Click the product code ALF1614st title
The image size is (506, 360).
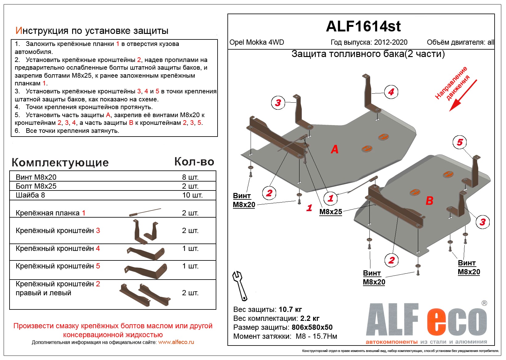(x=363, y=27)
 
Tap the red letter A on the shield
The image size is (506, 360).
(x=335, y=149)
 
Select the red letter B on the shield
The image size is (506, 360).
(x=429, y=201)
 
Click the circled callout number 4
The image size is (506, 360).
(x=391, y=92)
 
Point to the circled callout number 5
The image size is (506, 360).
(x=460, y=142)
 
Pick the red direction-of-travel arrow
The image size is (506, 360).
(x=463, y=95)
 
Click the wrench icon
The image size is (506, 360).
(x=239, y=285)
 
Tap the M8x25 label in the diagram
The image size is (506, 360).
(x=331, y=212)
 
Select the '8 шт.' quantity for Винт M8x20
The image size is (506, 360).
(x=190, y=177)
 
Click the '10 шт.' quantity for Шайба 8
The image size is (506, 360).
(x=192, y=195)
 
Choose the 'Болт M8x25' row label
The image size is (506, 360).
(x=36, y=186)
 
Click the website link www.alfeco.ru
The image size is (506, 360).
(x=176, y=342)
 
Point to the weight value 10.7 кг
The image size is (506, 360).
(x=290, y=309)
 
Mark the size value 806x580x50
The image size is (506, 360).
(x=312, y=327)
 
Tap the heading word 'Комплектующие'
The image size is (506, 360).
(x=60, y=162)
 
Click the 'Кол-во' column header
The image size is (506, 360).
(x=194, y=162)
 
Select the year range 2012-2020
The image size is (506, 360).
(x=390, y=43)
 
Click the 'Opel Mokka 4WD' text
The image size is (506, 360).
(x=257, y=43)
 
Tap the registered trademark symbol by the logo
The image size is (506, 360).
(x=484, y=303)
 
